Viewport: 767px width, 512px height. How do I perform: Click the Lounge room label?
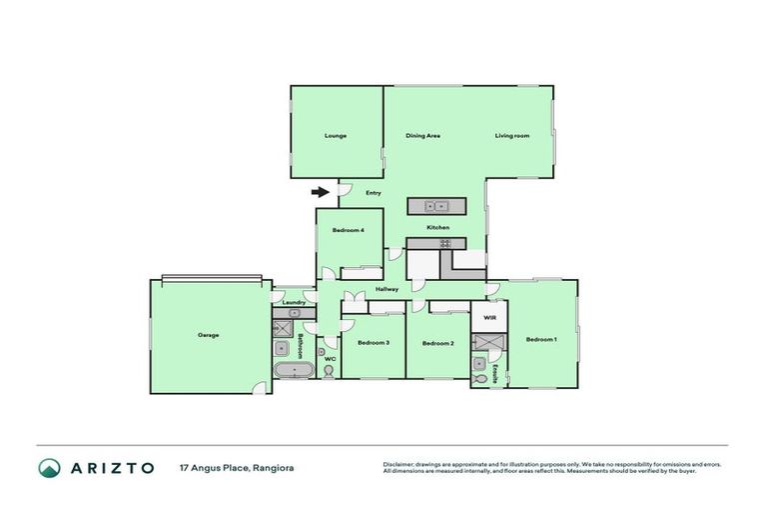[336, 135]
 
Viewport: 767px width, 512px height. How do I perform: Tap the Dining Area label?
[422, 135]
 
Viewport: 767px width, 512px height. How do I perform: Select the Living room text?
[512, 135]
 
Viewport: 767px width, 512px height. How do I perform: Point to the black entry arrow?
[321, 192]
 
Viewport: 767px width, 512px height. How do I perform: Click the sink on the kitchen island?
[436, 207]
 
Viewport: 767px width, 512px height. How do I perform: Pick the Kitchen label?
[438, 228]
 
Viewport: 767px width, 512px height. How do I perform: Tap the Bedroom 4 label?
[349, 231]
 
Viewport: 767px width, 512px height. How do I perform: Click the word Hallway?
[387, 289]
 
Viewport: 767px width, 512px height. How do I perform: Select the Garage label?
[208, 335]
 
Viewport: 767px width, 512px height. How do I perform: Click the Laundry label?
[294, 302]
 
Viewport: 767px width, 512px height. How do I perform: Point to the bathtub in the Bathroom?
[295, 372]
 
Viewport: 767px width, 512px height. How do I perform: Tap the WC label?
[329, 358]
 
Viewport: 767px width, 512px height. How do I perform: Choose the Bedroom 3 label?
[373, 343]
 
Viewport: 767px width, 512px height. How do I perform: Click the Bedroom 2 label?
[437, 343]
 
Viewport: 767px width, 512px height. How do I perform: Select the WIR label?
[489, 317]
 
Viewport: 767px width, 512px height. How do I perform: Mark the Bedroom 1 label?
[541, 339]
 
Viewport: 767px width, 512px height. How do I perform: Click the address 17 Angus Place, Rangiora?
[237, 467]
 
